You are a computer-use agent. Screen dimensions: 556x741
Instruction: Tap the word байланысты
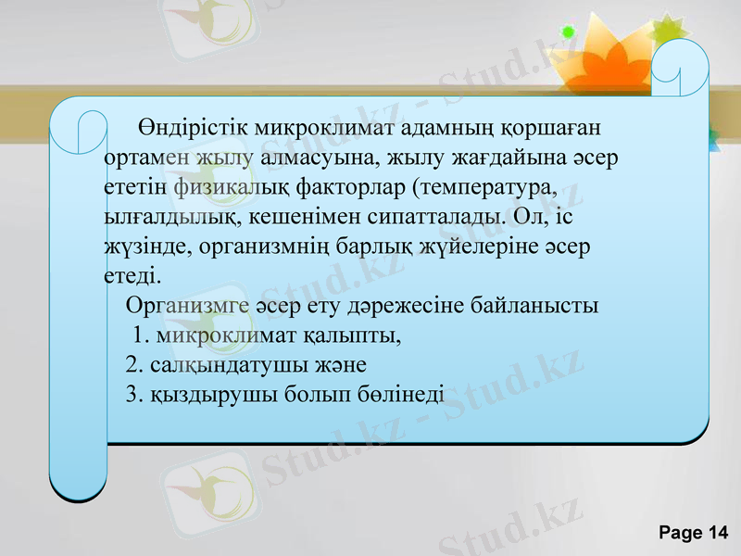[x=535, y=304]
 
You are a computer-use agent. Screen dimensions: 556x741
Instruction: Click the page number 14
[x=717, y=532]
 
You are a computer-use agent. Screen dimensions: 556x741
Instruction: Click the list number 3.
[x=132, y=394]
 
